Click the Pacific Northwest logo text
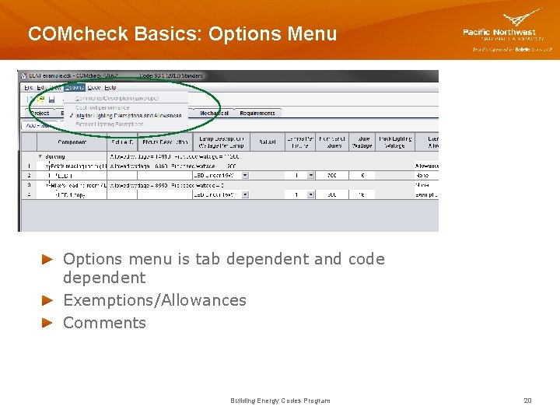point(502,32)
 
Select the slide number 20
point(527,401)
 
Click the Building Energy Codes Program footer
point(280,401)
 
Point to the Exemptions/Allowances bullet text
point(154,300)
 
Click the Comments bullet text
point(104,323)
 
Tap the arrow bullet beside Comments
point(47,323)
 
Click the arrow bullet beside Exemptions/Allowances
point(47,300)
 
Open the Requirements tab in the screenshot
point(257,114)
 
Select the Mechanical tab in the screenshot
point(214,114)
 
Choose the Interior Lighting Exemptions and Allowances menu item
point(128,115)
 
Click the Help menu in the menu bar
point(110,88)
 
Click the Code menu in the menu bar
point(94,88)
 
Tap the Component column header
point(72,142)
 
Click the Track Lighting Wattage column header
point(395,142)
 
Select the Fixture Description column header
point(165,142)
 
